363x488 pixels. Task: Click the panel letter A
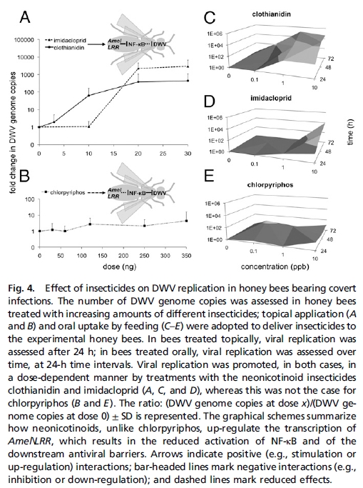(x=25, y=15)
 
